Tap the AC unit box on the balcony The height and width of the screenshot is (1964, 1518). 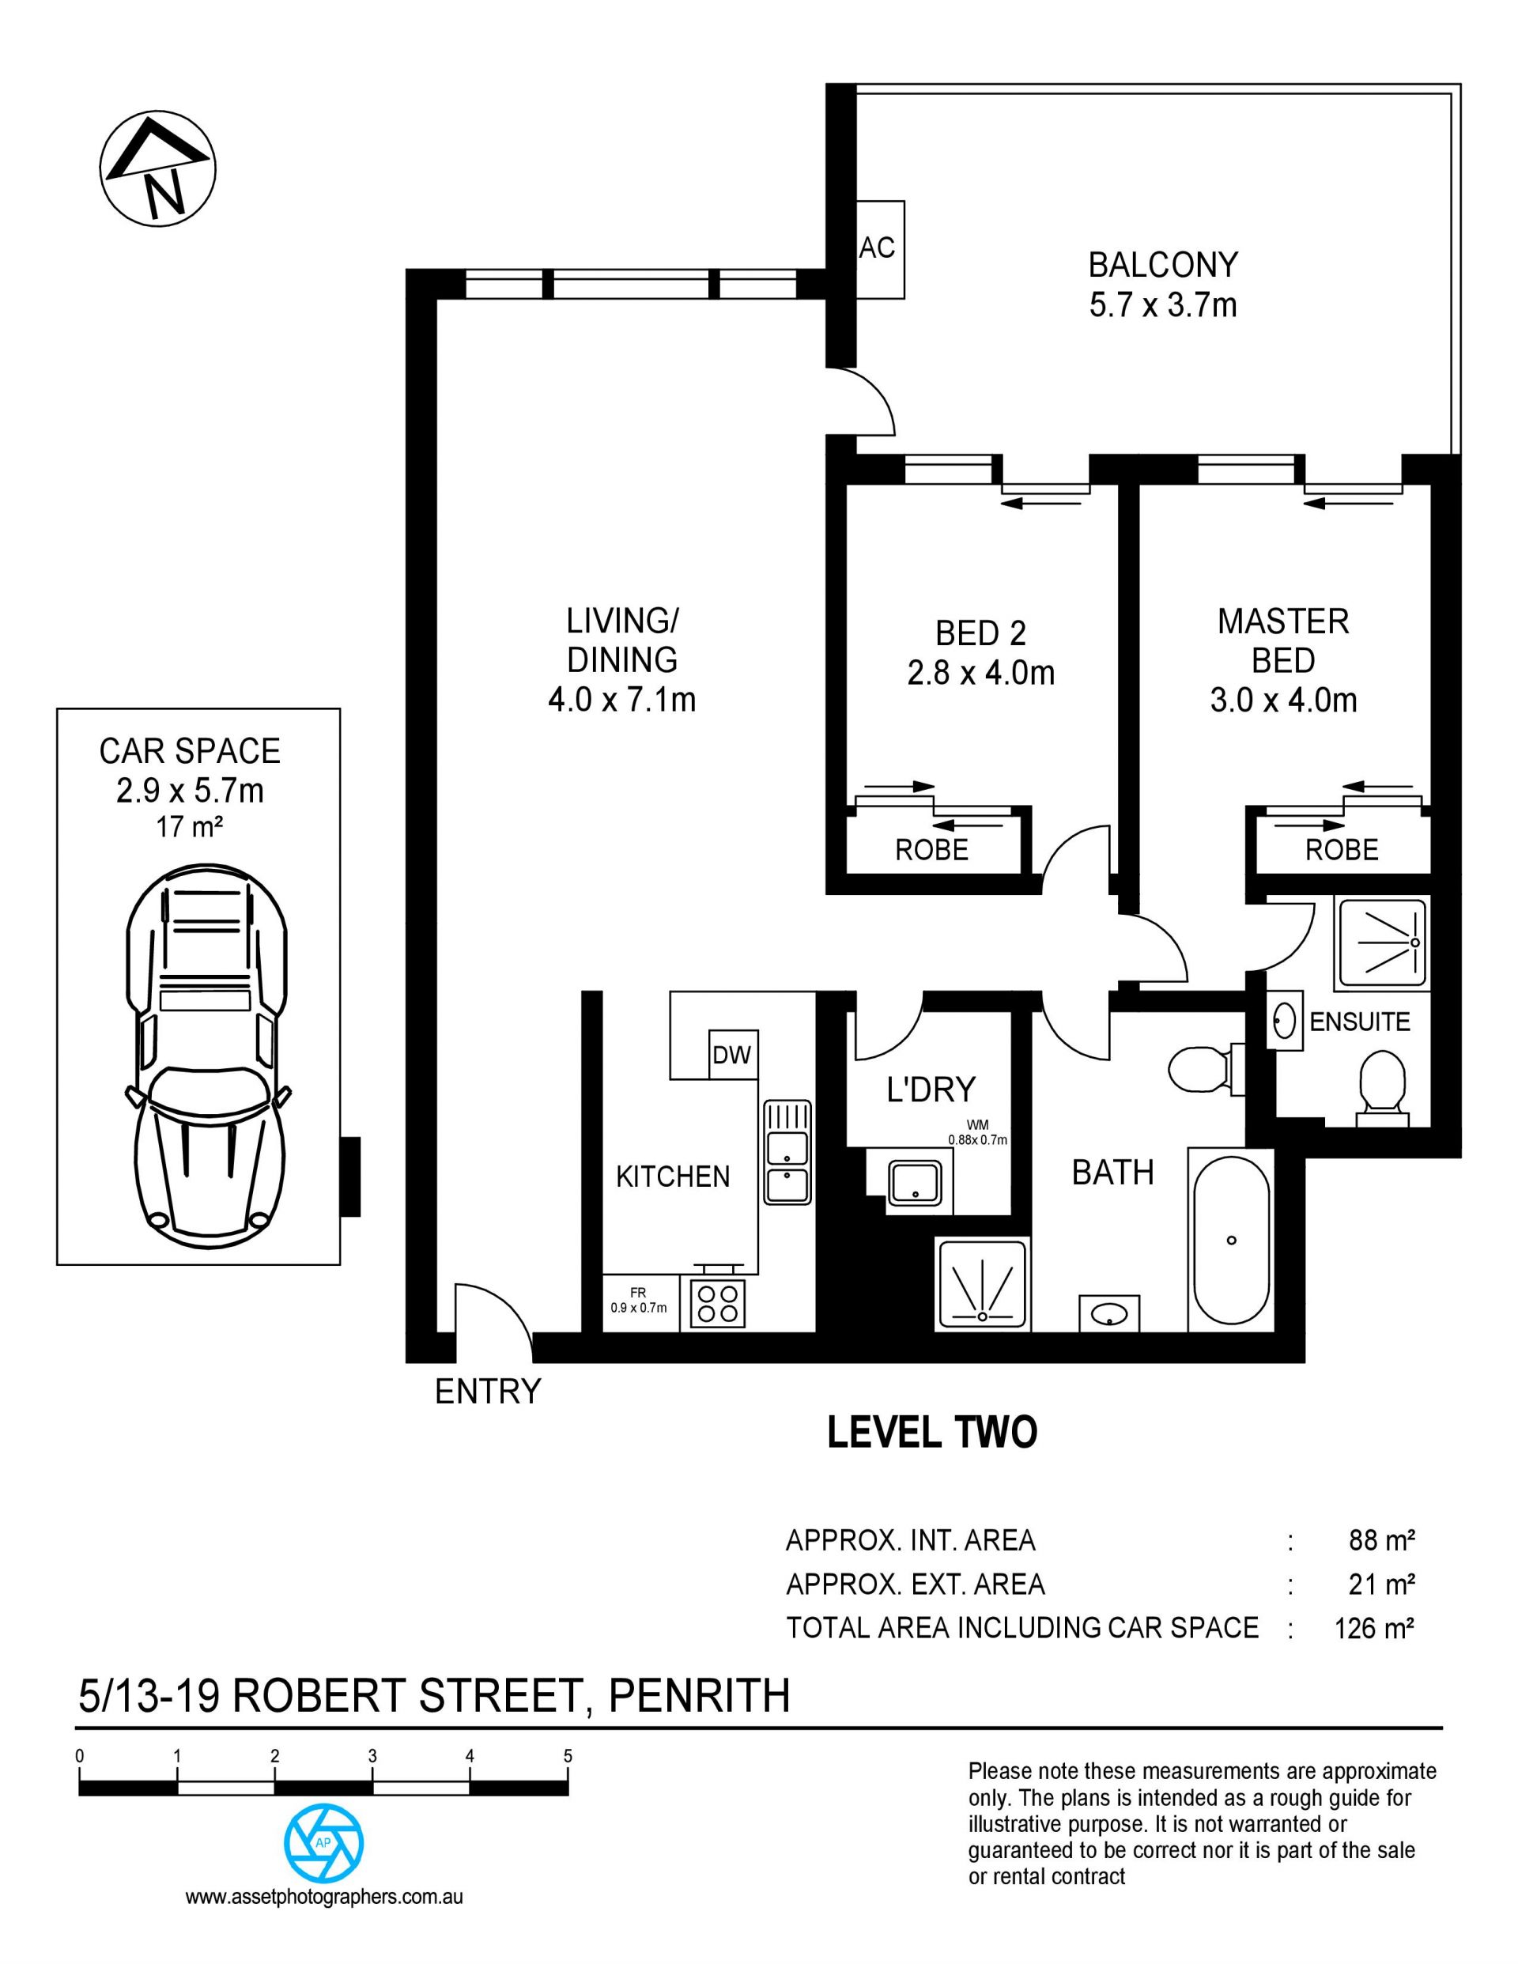pyautogui.click(x=879, y=249)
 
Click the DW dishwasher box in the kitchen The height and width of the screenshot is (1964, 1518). pyautogui.click(x=732, y=1054)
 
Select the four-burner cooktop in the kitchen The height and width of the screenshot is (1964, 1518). pyautogui.click(x=718, y=1303)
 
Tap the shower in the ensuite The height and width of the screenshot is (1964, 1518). pyautogui.click(x=1381, y=943)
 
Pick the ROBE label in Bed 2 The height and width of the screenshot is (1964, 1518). pyautogui.click(x=931, y=850)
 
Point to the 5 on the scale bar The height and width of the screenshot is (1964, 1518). pyautogui.click(x=568, y=1755)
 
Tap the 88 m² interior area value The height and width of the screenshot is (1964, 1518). pyautogui.click(x=1382, y=1540)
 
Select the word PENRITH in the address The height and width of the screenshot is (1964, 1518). pyautogui.click(x=699, y=1697)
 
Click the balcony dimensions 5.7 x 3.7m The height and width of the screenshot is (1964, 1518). pyautogui.click(x=1163, y=306)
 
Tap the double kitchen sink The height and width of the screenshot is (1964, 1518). pyautogui.click(x=787, y=1152)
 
